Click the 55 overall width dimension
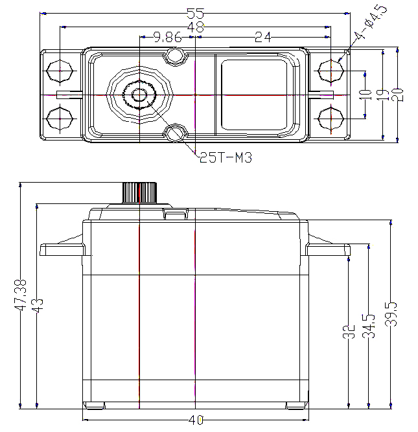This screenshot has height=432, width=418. [x=196, y=13]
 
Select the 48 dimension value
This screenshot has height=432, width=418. [x=196, y=27]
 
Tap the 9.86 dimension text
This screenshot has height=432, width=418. [x=168, y=37]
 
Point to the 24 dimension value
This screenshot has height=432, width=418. [x=263, y=37]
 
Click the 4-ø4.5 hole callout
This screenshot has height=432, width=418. [x=370, y=22]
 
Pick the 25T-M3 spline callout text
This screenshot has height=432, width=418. [x=226, y=158]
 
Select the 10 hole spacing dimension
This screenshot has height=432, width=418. [x=366, y=95]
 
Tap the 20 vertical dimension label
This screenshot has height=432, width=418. [x=397, y=95]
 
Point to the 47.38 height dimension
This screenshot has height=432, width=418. [x=21, y=295]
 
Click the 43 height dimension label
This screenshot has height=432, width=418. [x=38, y=306]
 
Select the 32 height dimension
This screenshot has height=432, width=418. [x=349, y=332]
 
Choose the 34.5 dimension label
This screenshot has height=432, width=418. [x=369, y=326]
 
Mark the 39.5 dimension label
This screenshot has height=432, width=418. [x=391, y=314]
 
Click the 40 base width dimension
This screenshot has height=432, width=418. [x=196, y=420]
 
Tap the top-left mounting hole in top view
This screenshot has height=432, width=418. [x=60, y=71]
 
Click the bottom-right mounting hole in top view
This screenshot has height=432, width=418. [x=331, y=119]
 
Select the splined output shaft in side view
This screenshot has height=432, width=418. [x=139, y=192]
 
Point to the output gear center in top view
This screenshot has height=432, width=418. [x=139, y=95]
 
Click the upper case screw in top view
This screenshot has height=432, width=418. [x=176, y=56]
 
